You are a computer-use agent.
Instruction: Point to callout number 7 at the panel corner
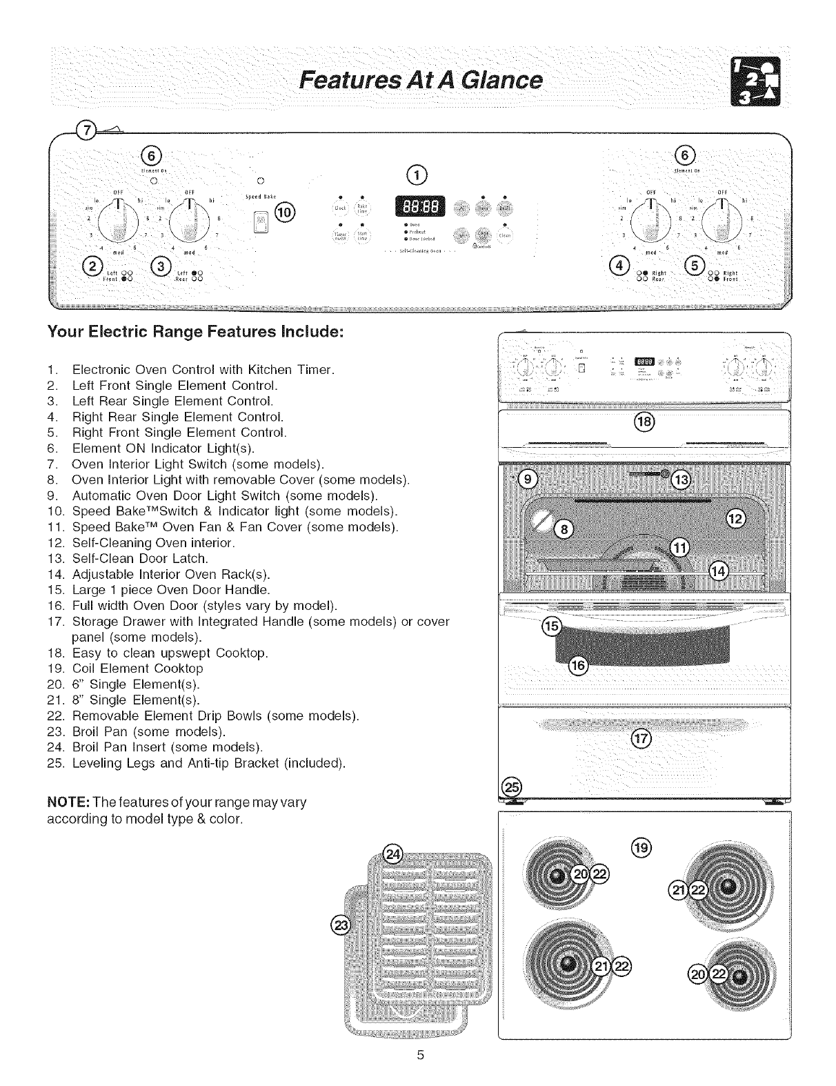coord(88,130)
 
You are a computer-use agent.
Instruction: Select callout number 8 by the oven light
coord(563,529)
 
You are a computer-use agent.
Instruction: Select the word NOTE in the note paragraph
coord(65,802)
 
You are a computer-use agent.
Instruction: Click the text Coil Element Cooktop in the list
coord(137,669)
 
